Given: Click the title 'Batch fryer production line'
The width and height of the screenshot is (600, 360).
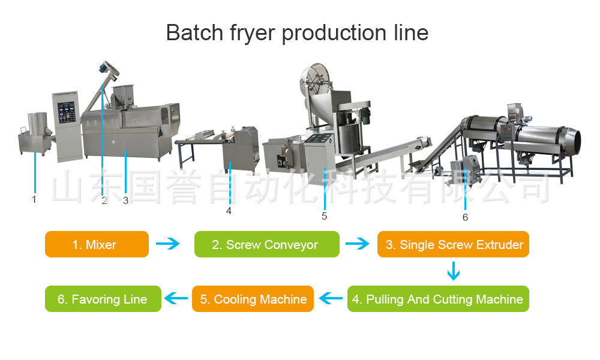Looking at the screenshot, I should click(x=297, y=32).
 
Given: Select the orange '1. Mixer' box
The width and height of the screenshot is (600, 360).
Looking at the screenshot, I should click(x=97, y=244).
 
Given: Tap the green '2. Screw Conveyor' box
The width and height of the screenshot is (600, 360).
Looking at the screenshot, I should click(x=266, y=244).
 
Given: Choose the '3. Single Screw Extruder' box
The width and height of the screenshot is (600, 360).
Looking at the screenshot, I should click(x=453, y=244).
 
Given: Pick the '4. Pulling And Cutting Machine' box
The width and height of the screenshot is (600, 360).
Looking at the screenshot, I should click(x=438, y=299).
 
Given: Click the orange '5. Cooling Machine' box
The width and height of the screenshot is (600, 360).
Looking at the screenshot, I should click(x=253, y=299).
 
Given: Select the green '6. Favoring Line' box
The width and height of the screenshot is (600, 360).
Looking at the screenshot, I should click(x=103, y=299).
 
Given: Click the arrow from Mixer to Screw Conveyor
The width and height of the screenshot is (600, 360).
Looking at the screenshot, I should click(x=167, y=244).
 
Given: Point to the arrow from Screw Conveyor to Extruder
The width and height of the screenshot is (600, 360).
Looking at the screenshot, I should click(x=358, y=244).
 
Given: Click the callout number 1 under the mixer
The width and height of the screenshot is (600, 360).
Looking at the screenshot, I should click(x=34, y=199).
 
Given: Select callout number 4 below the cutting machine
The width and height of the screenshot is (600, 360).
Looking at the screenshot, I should click(x=229, y=211).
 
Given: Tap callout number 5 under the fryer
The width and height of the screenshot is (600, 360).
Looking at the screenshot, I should click(x=325, y=216).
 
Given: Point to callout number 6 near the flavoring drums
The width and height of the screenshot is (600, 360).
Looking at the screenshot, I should click(x=465, y=217).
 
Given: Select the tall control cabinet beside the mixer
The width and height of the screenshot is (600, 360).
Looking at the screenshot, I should click(x=65, y=126).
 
